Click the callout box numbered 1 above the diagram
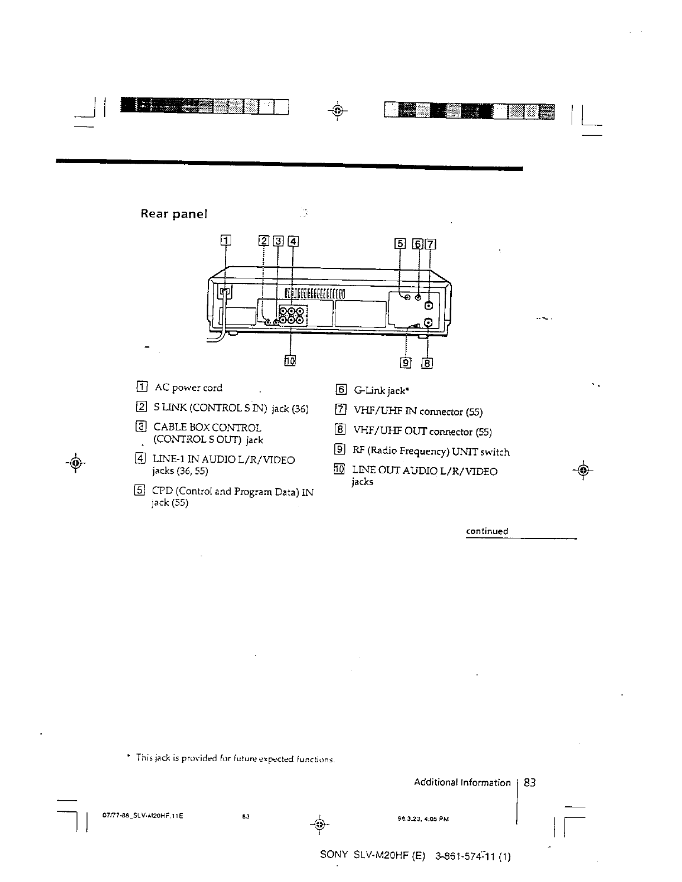tap(226, 241)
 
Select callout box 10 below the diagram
tap(290, 361)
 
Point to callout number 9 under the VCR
tap(406, 364)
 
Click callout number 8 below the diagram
tap(427, 364)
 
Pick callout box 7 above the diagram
tap(431, 243)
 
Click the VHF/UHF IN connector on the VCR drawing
tap(428, 305)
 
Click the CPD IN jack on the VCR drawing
tap(407, 298)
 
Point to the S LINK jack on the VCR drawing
tap(268, 322)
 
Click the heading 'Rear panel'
tap(173, 214)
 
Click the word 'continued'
tap(487, 531)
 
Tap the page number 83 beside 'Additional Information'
tap(529, 782)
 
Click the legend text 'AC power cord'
tap(187, 388)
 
